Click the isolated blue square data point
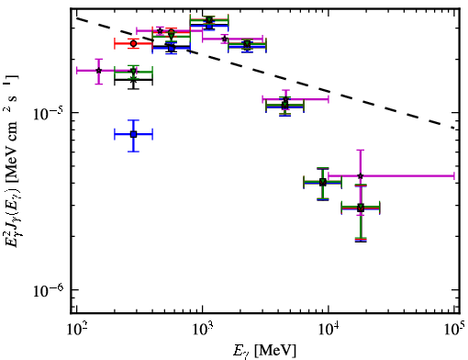coord(133,134)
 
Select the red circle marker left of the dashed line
coord(133,43)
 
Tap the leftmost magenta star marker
coord(98,71)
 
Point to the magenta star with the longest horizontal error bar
coord(361,175)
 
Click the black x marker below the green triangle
coord(133,80)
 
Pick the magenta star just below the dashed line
coord(285,99)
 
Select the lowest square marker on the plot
coord(361,208)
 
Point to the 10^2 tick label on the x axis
coord(75,331)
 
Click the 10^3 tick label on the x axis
coord(202,331)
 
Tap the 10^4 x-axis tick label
coord(329,331)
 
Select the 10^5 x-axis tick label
coord(455,330)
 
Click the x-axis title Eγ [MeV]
coord(264,351)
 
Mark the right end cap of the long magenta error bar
coord(454,175)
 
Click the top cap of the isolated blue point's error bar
coord(133,120)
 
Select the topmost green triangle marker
coord(209,20)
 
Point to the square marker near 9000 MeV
coord(322,183)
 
